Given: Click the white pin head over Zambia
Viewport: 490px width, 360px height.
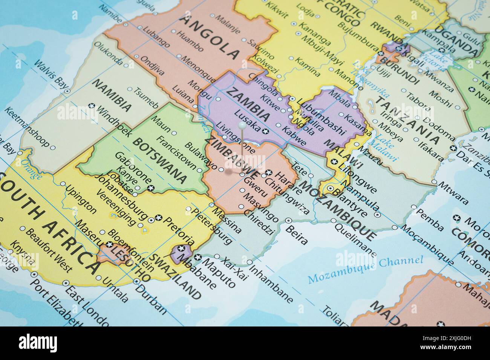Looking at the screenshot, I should (242, 125).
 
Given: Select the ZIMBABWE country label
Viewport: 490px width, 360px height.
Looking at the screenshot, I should (233, 157).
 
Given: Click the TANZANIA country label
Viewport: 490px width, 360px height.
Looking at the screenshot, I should (407, 121).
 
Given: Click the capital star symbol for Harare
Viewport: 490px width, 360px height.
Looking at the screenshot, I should (268, 173).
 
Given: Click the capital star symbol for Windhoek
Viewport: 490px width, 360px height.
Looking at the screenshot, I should (90, 105).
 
